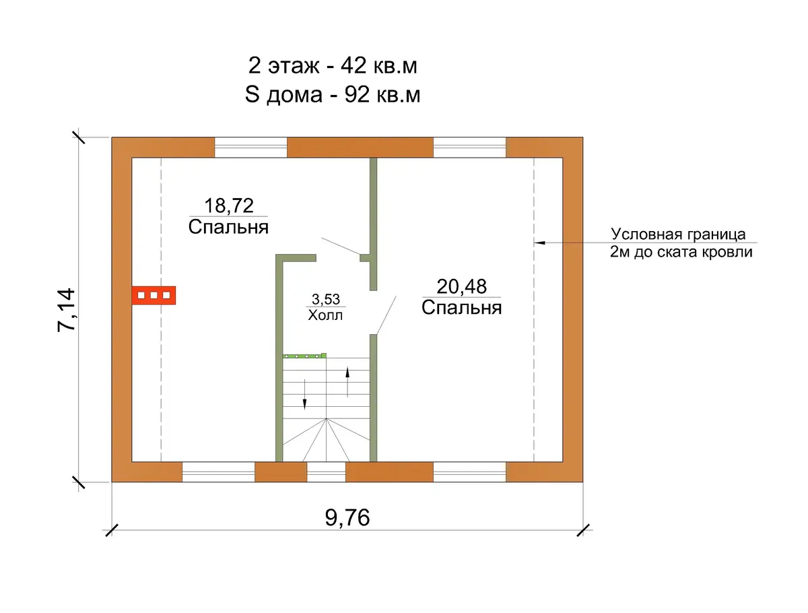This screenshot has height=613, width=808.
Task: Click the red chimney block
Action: click(154, 295)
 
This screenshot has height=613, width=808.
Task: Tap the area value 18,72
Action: click(228, 205)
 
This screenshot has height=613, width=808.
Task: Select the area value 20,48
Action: click(462, 286)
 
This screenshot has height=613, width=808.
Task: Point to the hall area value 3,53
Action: click(326, 299)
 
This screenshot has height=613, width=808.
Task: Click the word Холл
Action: click(325, 315)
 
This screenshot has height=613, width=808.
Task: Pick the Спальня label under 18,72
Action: click(228, 227)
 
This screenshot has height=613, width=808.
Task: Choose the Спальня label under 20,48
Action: click(462, 308)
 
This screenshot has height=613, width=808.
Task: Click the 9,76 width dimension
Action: click(347, 517)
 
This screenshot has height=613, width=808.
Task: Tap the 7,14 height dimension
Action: click(67, 310)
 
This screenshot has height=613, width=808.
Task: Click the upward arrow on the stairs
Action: click(347, 382)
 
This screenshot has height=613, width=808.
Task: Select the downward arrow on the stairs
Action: click(304, 394)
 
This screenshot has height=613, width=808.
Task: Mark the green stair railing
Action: click(304, 356)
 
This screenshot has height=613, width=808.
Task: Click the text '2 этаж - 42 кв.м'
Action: click(333, 66)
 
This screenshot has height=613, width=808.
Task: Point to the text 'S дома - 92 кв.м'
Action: click(333, 94)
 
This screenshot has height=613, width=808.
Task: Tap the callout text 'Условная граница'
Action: click(678, 234)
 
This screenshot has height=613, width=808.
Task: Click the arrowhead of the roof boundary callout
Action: click(539, 243)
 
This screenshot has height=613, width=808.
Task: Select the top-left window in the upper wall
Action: click(250, 148)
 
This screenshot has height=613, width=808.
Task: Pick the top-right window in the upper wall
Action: click(470, 148)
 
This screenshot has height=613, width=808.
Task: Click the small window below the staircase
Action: click(326, 472)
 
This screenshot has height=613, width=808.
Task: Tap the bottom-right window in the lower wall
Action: click(470, 472)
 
